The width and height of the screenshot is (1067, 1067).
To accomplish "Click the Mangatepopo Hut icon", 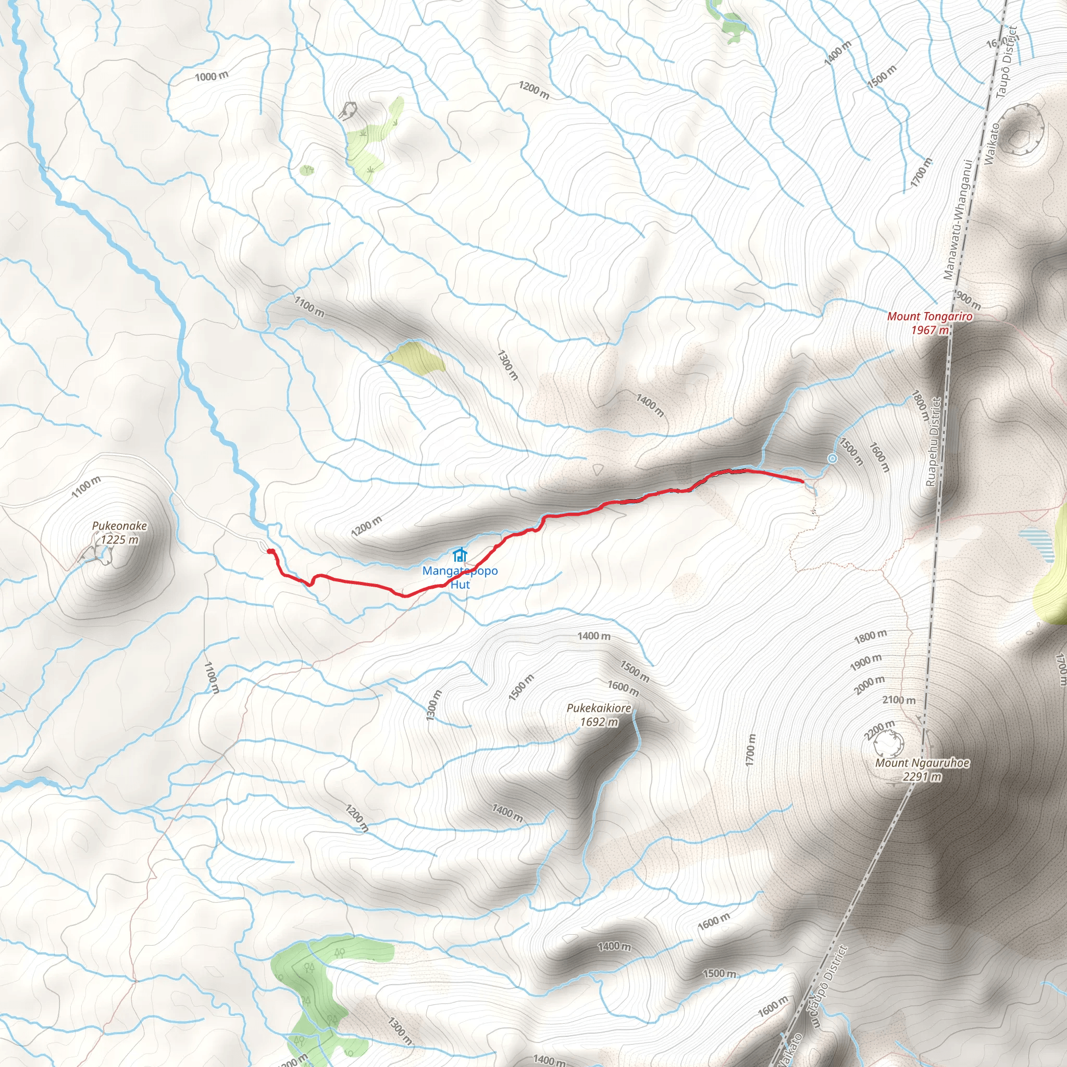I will tap(460, 554).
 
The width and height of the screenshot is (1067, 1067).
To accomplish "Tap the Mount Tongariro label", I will tap(929, 316).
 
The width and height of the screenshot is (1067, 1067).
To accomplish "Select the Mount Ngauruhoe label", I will tap(922, 763).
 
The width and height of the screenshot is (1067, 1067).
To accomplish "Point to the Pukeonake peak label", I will tap(119, 526).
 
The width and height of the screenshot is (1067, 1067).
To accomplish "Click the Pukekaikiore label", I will tap(599, 708).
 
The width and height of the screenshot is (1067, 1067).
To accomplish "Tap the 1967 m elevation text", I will tap(929, 330).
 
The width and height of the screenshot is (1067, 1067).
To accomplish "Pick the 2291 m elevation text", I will tap(922, 776).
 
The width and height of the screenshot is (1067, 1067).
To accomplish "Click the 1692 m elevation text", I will tap(599, 722).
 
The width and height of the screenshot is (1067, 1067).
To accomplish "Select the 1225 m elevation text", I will tap(119, 540).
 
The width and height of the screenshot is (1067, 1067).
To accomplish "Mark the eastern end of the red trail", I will tap(802, 481).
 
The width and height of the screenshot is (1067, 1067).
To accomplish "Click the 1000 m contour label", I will tap(212, 76).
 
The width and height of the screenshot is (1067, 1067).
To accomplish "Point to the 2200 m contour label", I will tap(879, 729).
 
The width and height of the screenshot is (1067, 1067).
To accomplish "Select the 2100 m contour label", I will tap(899, 700).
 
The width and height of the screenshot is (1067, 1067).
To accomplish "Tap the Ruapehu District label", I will tap(933, 442).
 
